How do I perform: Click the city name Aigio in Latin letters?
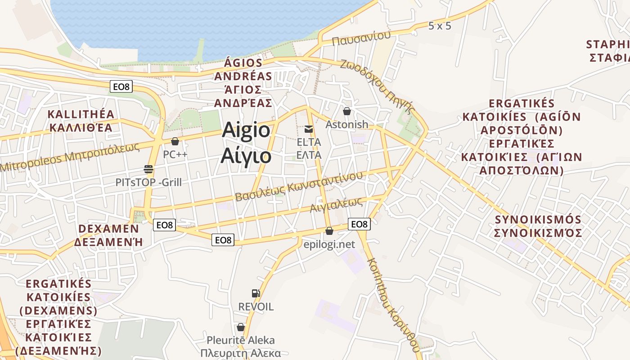[246, 130]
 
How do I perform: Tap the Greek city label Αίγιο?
[246, 156]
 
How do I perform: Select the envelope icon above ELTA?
[309, 130]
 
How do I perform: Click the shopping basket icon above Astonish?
[347, 111]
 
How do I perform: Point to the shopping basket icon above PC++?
[175, 141]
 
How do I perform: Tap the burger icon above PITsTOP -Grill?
[148, 169]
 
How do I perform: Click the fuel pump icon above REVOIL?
[256, 293]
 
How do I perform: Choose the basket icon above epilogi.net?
[329, 231]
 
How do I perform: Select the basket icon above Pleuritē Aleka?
[241, 327]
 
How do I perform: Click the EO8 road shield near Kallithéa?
[121, 86]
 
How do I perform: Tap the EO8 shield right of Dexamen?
[164, 225]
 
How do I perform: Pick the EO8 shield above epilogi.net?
[359, 224]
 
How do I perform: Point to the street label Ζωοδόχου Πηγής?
[377, 85]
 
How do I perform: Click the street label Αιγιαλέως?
[337, 205]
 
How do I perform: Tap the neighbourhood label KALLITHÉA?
[81, 114]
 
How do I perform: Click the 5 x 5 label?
[439, 26]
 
